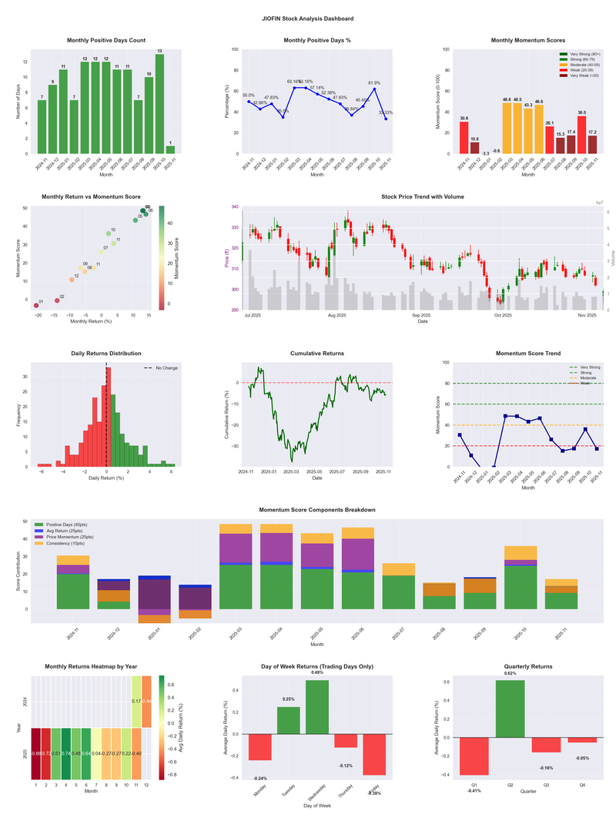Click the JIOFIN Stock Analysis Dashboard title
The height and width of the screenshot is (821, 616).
pyautogui.click(x=307, y=18)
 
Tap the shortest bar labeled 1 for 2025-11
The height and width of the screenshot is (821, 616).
pyautogui.click(x=170, y=149)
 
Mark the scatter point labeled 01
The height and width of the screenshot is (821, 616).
pyautogui.click(x=36, y=306)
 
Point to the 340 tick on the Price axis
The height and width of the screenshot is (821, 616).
pyautogui.click(x=235, y=207)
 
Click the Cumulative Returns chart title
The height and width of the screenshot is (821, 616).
pyautogui.click(x=317, y=354)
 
